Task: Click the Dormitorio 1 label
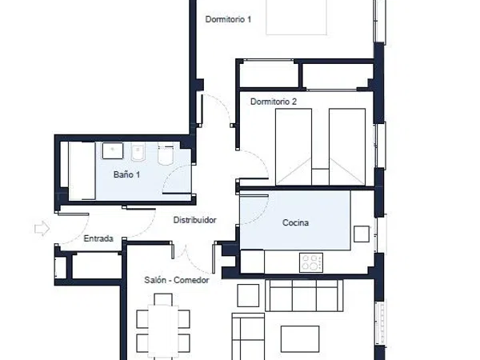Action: [228, 19]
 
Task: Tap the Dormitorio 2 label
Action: [274, 102]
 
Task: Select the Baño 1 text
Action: [126, 174]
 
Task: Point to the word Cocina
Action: [295, 222]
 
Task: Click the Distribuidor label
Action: [194, 220]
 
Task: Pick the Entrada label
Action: [98, 238]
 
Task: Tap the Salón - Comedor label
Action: [177, 280]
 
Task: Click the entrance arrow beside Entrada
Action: [42, 228]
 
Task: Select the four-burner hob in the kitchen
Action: [311, 262]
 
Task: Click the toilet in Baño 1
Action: [166, 155]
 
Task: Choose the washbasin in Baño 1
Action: [113, 150]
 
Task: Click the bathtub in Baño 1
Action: [82, 171]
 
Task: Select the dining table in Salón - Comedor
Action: [163, 330]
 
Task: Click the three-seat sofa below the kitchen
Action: [304, 295]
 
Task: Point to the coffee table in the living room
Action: [300, 339]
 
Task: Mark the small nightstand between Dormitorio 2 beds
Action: [320, 177]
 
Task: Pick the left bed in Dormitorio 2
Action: [294, 147]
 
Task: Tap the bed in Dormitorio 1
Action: [296, 17]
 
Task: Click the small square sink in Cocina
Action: [362, 234]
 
